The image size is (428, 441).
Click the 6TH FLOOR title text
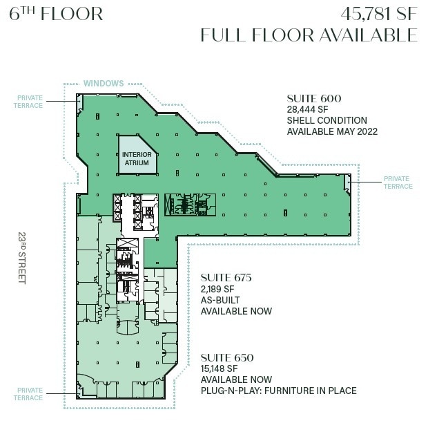pos(57,14)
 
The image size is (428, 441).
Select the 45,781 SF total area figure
pos(379,14)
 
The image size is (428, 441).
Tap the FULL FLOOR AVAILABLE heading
pos(309,35)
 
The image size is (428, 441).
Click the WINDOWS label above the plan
pos(104,84)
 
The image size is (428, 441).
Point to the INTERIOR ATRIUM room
pos(136,159)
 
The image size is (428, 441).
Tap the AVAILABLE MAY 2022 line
pos(332,132)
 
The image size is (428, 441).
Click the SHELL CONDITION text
pos(327,121)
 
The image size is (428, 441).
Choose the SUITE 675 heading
pos(226,278)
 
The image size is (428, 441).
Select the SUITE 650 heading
pos(227,357)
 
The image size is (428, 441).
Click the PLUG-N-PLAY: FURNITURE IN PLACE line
pos(278,391)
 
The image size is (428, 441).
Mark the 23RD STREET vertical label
pos(21,257)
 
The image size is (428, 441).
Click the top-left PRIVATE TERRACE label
pos(29,102)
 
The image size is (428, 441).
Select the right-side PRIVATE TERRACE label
pos(398,182)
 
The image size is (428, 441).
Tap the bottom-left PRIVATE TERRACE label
pos(29,394)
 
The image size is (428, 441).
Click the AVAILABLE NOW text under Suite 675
pos(236,311)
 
